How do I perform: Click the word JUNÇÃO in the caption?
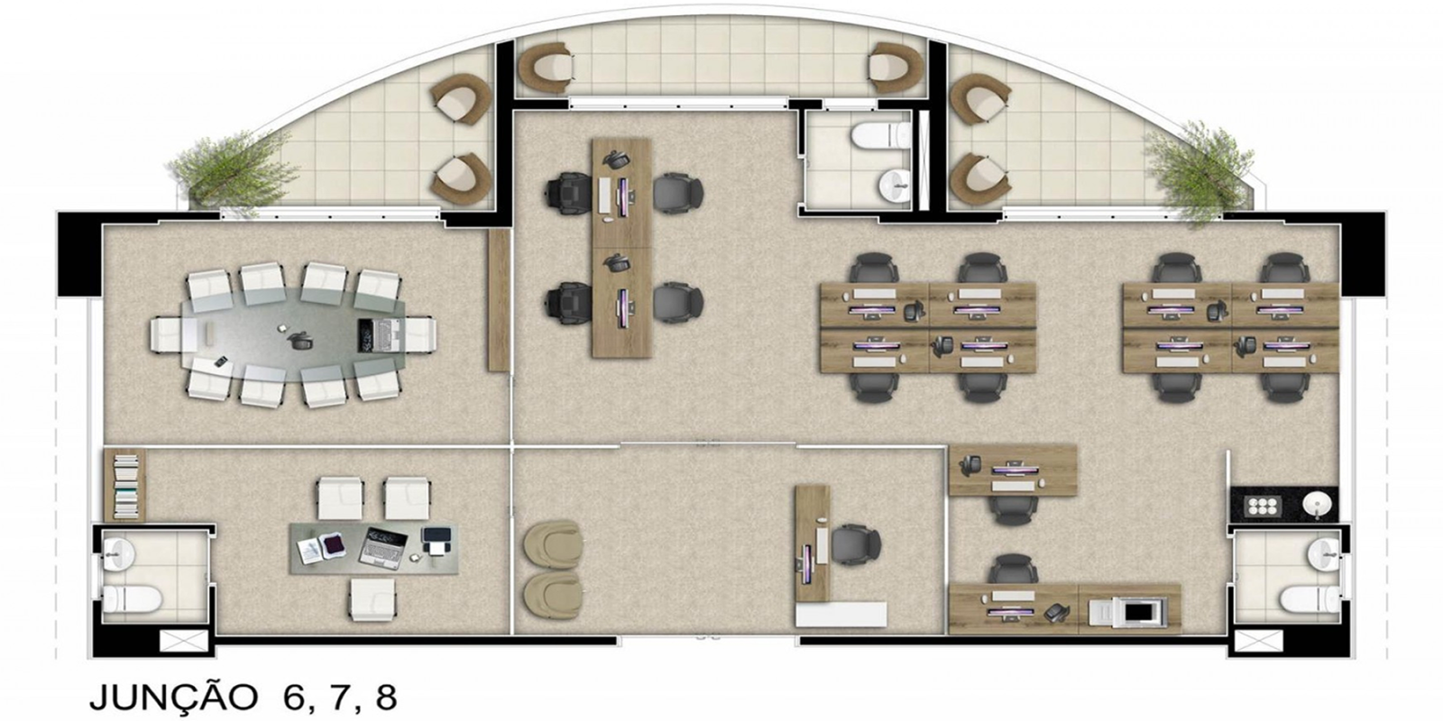tap(173, 698)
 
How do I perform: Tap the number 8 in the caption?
tap(385, 698)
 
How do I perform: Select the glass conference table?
tap(293, 334)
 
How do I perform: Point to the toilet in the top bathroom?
tap(880, 135)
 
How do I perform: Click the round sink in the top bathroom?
tap(894, 184)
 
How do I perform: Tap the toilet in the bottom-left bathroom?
tap(132, 598)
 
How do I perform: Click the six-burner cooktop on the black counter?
tap(1263, 506)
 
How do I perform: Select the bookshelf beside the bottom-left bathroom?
tap(125, 486)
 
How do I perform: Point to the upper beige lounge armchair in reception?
tap(554, 544)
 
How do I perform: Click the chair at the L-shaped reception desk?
tap(856, 544)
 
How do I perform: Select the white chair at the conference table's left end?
tap(167, 334)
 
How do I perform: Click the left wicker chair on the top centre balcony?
tap(547, 68)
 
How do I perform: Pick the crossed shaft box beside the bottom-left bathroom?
tap(184, 641)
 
